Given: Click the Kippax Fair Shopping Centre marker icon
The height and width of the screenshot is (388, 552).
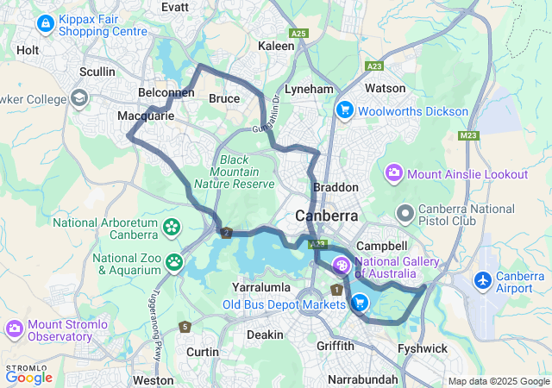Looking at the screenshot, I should [x=44, y=23].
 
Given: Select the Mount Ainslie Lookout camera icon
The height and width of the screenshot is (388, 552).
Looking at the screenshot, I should [x=395, y=173].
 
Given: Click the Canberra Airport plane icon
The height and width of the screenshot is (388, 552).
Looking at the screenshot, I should [x=483, y=280].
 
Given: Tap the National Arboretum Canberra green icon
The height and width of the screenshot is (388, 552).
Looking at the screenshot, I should [x=172, y=228].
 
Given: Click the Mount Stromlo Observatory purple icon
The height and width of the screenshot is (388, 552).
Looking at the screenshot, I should [x=14, y=329].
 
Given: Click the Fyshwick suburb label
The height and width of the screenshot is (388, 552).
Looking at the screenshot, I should [x=422, y=348].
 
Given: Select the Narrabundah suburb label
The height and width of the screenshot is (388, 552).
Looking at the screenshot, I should [x=364, y=379].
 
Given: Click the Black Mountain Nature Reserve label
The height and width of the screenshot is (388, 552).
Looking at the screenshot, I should [x=234, y=172].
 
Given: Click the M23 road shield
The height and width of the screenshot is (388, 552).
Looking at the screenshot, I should [x=468, y=135].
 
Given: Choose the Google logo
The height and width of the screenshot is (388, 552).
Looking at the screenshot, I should [x=28, y=377].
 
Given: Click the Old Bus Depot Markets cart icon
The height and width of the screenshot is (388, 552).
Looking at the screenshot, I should [x=359, y=303].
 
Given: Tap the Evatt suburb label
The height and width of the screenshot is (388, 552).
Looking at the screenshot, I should [x=175, y=6].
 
